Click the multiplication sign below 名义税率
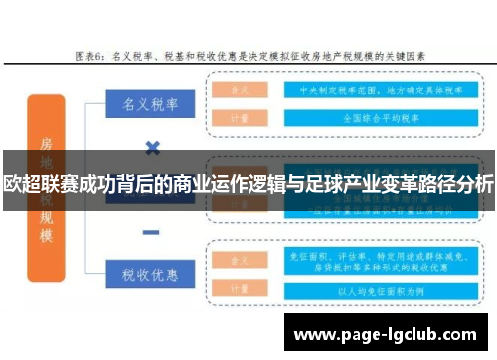[152, 149]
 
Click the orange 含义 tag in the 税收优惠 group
[239, 261]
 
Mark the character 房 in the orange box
[46, 143]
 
